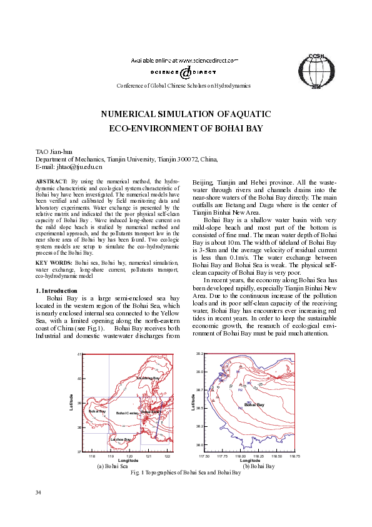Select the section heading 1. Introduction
[56, 290]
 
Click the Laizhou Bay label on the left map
[120, 440]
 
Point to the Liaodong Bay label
[148, 379]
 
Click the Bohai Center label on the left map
[127, 414]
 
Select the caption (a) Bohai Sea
[112, 466]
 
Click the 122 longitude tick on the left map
[168, 456]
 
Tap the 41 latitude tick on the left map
[80, 355]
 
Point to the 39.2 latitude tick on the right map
[199, 354]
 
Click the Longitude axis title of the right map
[249, 461]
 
